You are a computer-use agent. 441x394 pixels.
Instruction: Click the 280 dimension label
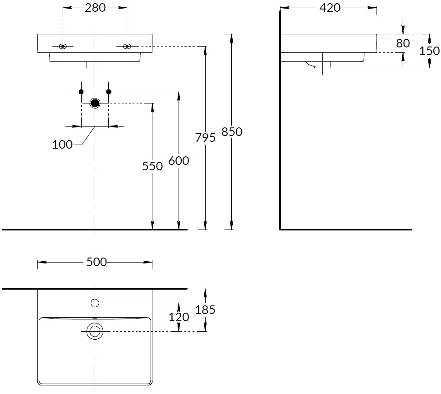point(95,8)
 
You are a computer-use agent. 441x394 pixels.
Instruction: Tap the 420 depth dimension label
point(330,8)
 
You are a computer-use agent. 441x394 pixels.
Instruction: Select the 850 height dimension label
point(232,132)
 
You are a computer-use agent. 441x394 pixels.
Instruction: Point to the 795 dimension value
point(205,138)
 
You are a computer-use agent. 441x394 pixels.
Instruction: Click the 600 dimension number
point(179,161)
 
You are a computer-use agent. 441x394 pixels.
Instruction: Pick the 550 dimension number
point(152,166)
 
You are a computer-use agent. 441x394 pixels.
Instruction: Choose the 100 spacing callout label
point(62,145)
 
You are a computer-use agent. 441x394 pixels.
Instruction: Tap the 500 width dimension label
point(96,262)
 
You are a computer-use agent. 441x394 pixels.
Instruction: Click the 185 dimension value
point(205,310)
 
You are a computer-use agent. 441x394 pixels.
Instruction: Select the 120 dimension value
point(179,317)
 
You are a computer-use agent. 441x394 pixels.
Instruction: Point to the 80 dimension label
point(403,43)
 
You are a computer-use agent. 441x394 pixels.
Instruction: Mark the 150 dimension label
point(429,51)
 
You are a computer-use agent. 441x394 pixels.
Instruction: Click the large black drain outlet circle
point(95,103)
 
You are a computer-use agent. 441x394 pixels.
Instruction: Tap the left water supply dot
point(81,92)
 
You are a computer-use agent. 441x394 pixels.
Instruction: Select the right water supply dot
point(109,92)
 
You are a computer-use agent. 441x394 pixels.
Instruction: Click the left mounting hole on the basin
point(63,46)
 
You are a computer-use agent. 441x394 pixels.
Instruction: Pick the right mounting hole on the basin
point(127,46)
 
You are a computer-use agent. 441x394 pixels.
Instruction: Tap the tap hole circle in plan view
point(95,303)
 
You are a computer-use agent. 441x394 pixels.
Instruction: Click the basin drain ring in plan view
point(95,331)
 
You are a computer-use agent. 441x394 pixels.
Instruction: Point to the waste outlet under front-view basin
point(95,65)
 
